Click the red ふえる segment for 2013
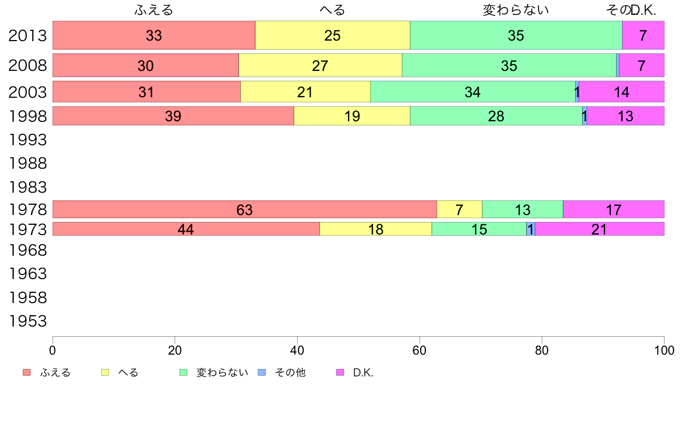click(153, 35)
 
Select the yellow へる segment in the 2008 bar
click(320, 65)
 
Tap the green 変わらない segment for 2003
click(473, 92)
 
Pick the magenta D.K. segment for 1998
click(626, 116)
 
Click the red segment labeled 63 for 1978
click(244, 209)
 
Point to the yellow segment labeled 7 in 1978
click(460, 209)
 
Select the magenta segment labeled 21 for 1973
click(599, 229)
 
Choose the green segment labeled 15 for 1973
click(479, 229)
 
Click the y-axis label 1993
click(27, 140)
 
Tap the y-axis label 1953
click(27, 321)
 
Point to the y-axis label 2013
click(27, 36)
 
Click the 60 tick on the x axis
click(420, 349)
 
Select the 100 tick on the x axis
click(664, 349)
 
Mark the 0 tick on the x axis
click(53, 349)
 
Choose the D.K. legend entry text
click(363, 373)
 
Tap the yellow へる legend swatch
click(105, 372)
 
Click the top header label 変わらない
click(516, 10)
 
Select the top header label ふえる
click(153, 10)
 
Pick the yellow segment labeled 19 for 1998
click(352, 116)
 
